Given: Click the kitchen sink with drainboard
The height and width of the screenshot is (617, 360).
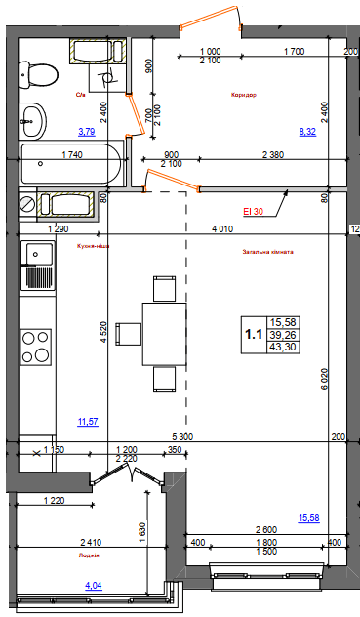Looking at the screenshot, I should (39, 265).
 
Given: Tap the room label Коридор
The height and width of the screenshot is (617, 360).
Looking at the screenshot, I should (243, 96).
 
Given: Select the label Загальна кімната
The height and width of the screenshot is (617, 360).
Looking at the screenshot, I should (268, 252).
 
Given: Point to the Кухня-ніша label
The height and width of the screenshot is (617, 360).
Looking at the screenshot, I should (92, 248).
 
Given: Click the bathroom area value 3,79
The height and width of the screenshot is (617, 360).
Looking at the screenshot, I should (86, 131).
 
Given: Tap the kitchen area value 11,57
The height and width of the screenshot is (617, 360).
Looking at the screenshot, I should (88, 421).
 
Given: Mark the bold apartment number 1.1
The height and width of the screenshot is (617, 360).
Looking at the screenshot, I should (253, 334).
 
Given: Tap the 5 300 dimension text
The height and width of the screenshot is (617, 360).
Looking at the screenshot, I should (181, 436).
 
